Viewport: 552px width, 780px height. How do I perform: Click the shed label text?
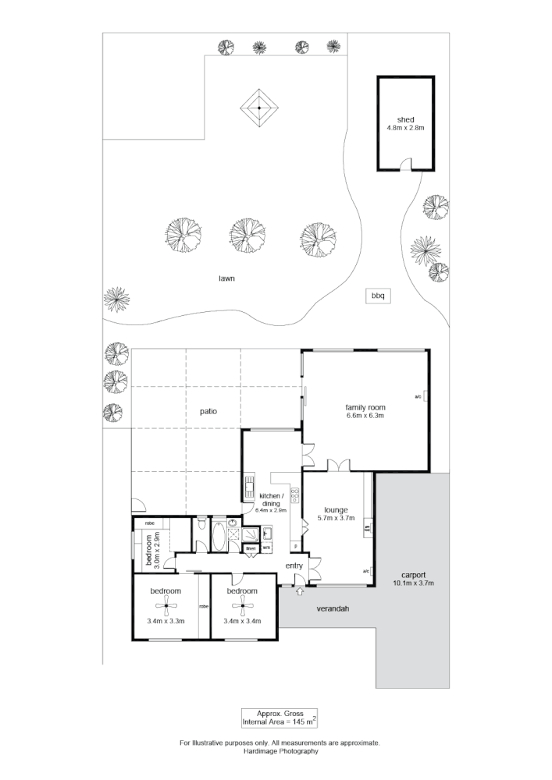pos(405,119)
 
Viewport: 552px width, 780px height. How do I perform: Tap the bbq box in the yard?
pos(379,296)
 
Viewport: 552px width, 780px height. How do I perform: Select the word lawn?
pos(227,278)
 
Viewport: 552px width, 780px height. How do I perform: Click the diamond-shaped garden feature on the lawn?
pos(259,107)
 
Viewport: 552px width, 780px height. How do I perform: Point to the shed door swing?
pos(405,163)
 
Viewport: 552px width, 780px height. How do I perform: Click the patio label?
pos(207,411)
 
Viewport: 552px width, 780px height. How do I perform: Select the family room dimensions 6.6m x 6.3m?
pos(366,416)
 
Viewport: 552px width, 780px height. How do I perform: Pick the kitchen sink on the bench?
pos(251,486)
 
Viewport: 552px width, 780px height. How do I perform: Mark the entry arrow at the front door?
pos(300,592)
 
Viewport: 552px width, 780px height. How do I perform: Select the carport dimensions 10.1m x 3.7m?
pos(413,583)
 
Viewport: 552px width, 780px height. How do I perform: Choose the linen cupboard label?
pos(251,548)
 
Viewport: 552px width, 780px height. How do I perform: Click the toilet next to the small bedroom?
pos(201,525)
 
